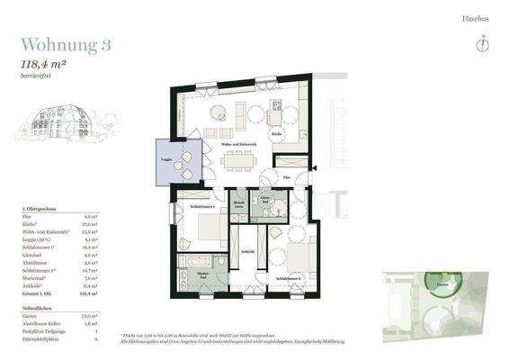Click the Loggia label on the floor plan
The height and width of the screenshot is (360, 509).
[166, 159]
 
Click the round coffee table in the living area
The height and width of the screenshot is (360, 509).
[218, 112]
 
